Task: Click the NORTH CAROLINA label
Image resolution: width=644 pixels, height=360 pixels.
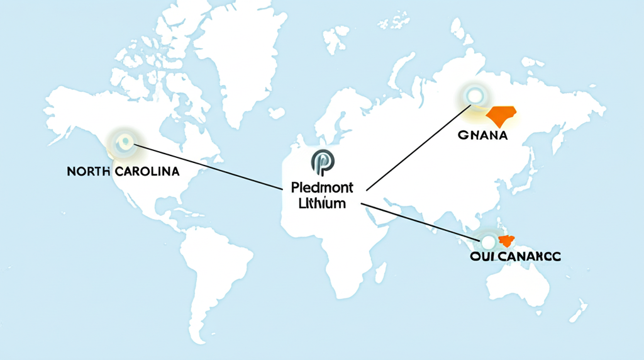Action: click(123, 171)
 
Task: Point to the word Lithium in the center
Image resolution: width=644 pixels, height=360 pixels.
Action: click(323, 203)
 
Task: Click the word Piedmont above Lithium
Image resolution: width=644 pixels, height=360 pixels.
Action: click(323, 188)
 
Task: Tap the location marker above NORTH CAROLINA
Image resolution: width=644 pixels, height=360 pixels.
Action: click(123, 142)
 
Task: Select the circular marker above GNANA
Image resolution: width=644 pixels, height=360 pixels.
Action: click(472, 96)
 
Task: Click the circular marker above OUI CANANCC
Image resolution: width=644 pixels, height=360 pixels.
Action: click(488, 239)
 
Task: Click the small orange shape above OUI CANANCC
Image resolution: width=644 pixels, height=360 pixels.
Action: click(506, 240)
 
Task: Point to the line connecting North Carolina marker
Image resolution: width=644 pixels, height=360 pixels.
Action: click(208, 166)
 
